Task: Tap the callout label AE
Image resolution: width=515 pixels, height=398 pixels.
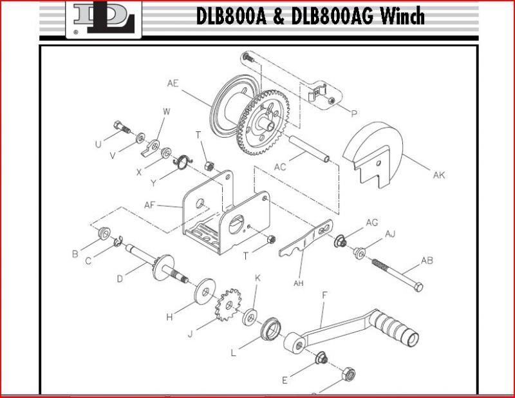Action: pyautogui.click(x=173, y=83)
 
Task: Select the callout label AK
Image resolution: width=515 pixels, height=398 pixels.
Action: pyautogui.click(x=438, y=175)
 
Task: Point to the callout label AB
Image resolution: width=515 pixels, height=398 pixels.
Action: pyautogui.click(x=426, y=261)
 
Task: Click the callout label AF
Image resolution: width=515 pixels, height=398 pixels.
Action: pyautogui.click(x=149, y=205)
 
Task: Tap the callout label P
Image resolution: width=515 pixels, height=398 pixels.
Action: pyautogui.click(x=353, y=113)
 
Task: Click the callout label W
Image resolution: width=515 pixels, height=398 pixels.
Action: pyautogui.click(x=166, y=111)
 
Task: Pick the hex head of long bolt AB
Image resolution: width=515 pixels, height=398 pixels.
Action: pyautogui.click(x=417, y=286)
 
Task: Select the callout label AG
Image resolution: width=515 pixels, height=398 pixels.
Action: pyautogui.click(x=371, y=222)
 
